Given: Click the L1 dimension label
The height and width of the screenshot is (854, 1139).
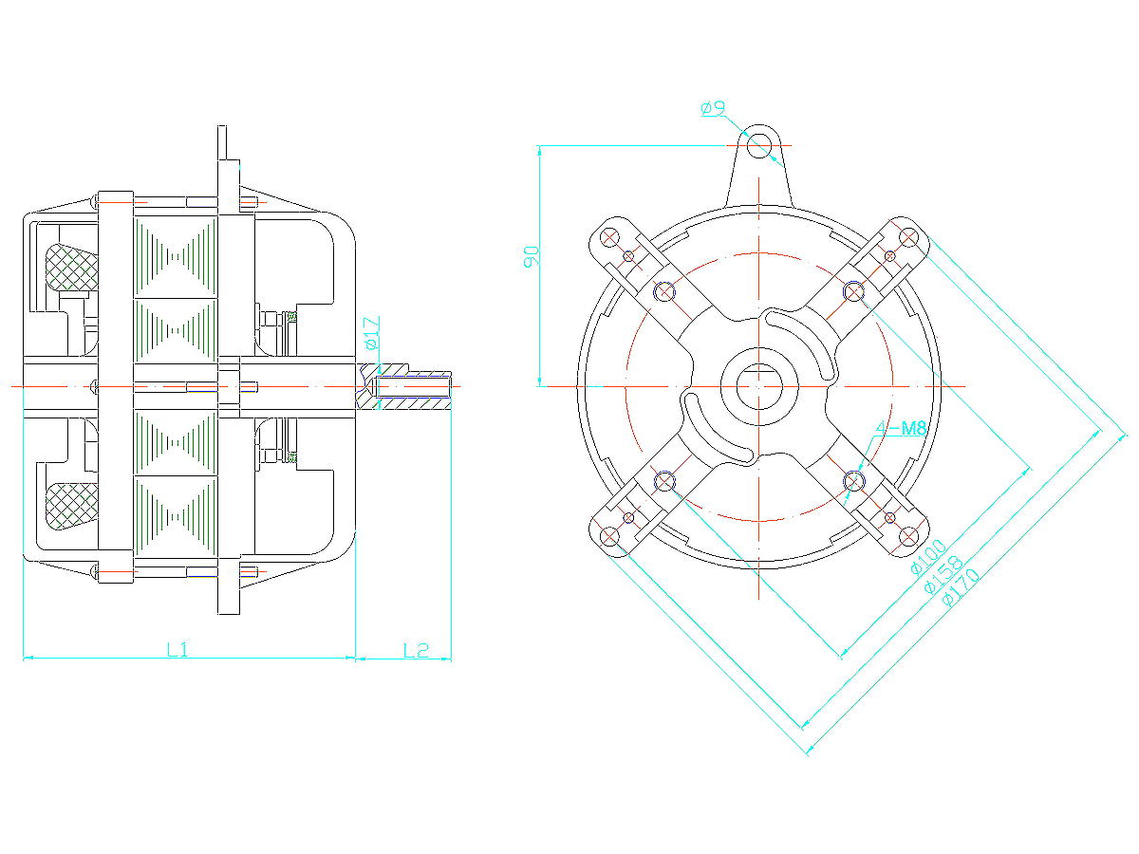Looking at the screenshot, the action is tap(177, 649).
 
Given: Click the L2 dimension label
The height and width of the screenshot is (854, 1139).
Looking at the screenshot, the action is tap(416, 650).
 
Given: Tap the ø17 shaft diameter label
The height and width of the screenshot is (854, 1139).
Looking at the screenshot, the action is tap(372, 333).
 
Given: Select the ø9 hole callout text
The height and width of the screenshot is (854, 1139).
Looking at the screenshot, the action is tap(712, 108).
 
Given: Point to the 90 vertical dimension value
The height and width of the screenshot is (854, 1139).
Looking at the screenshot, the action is tap(531, 256).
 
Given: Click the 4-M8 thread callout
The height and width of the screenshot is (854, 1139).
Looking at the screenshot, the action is tap(902, 428).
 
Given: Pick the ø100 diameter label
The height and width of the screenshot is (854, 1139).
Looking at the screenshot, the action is tap(928, 557).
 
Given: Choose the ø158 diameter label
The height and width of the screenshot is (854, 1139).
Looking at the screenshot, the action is tap(943, 574).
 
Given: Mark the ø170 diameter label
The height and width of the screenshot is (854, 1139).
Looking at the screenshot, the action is tap(961, 587).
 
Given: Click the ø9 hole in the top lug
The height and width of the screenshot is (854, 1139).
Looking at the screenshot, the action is tap(759, 145).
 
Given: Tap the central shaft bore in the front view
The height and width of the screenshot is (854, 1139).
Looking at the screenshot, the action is tap(759, 387).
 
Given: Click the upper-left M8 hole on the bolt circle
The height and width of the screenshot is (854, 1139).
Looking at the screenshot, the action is tap(664, 292).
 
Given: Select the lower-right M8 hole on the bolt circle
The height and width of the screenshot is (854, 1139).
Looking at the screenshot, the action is tap(854, 482).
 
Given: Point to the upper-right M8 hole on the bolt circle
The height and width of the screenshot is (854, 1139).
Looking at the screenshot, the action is tap(854, 292).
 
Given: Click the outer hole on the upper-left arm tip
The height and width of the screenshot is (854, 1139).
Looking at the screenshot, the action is tap(609, 238).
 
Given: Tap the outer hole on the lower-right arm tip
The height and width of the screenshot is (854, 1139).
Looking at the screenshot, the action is tap(908, 537).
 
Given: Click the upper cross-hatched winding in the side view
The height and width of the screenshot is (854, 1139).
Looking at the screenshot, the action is tap(71, 267).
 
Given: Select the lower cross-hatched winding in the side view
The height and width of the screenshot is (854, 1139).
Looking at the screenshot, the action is tap(71, 507).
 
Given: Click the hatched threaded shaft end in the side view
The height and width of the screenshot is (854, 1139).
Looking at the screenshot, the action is tap(403, 387).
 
